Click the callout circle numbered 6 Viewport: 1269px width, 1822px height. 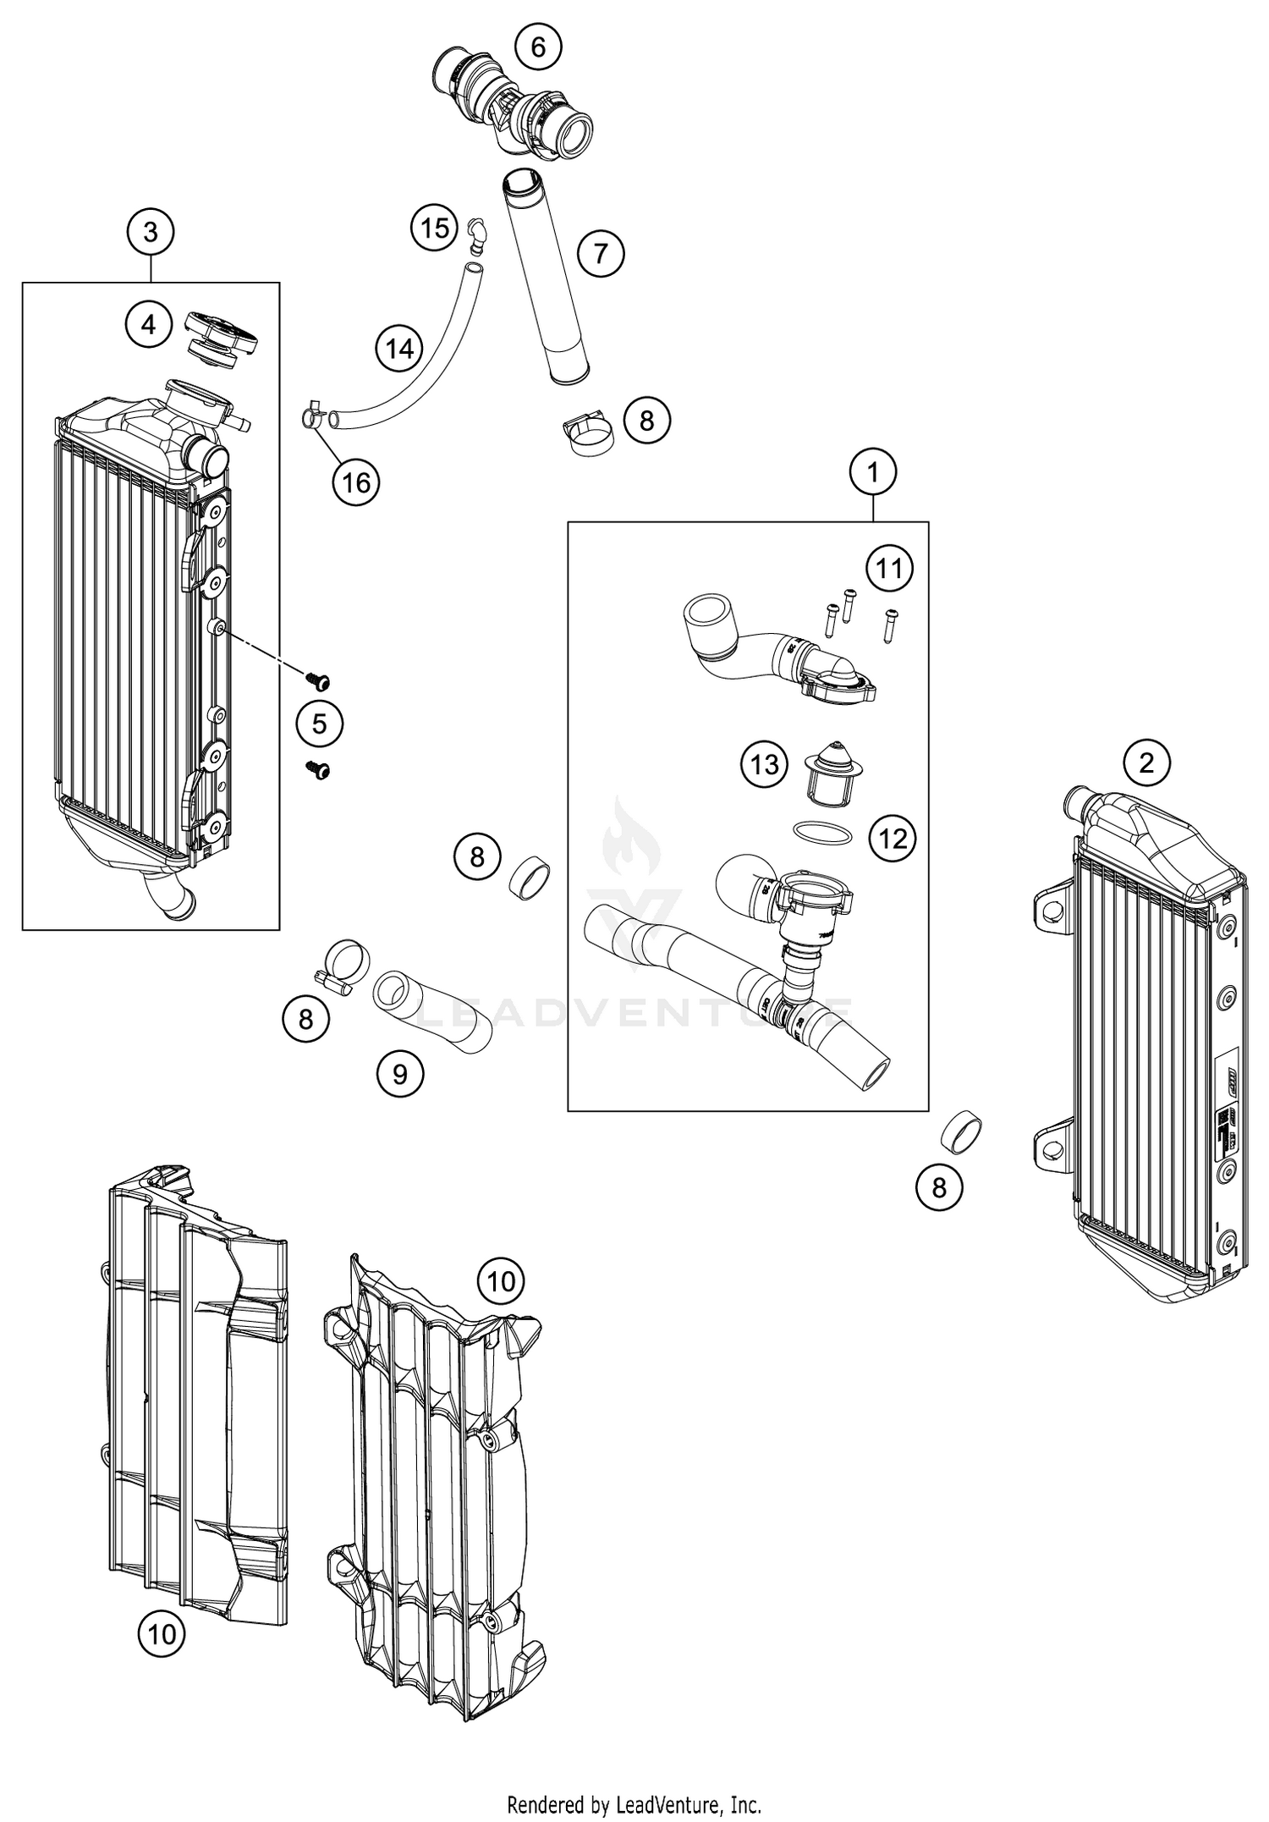[x=538, y=47]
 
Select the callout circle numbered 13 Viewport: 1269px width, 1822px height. [x=764, y=765]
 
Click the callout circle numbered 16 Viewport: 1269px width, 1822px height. [x=356, y=482]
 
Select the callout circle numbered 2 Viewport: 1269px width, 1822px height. [x=1146, y=763]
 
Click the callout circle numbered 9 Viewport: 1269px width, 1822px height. [x=400, y=1074]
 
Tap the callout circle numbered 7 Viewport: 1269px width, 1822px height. [x=601, y=252]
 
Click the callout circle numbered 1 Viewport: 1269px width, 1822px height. [x=873, y=471]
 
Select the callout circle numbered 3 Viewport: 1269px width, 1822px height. [x=150, y=231]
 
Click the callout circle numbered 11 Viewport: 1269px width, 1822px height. [x=889, y=568]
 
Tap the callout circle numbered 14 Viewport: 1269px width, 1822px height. [x=399, y=348]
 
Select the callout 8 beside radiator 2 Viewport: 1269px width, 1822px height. [x=939, y=1187]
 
